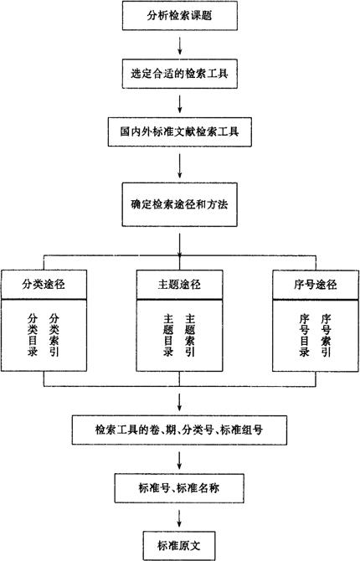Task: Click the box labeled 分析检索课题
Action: click(180, 15)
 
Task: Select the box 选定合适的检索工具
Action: click(180, 74)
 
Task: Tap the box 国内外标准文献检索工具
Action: click(180, 131)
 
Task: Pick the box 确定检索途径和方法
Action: click(180, 204)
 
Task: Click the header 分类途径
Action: click(44, 285)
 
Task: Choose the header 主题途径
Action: click(179, 285)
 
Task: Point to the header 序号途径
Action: click(316, 285)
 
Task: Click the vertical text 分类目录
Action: click(33, 335)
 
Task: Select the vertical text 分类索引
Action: click(54, 335)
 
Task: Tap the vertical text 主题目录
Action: click(168, 335)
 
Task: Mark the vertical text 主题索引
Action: click(190, 335)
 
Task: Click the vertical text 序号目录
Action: click(304, 335)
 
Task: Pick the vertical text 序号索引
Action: click(326, 335)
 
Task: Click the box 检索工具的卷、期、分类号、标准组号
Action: click(179, 430)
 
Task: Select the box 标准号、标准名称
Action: click(179, 488)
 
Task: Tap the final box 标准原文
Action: click(179, 546)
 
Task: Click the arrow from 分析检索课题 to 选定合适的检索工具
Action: click(180, 44)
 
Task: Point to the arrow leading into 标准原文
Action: click(179, 517)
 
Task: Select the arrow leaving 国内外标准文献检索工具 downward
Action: click(180, 166)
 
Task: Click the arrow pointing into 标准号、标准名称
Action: click(179, 460)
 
